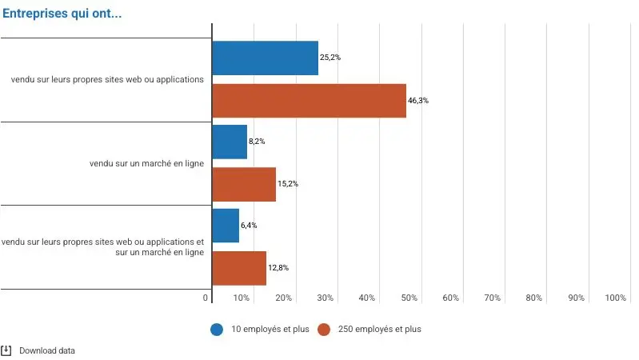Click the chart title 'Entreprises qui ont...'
[62, 14]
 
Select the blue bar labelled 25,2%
[265, 58]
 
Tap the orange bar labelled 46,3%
[309, 101]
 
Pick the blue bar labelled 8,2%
[230, 142]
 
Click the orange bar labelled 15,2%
[244, 184]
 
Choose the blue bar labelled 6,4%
[226, 226]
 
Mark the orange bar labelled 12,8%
[239, 268]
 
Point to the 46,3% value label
[418, 101]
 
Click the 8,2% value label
[257, 142]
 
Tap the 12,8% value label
[278, 268]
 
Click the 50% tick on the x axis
[409, 298]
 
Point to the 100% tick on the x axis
[616, 298]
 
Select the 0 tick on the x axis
[206, 298]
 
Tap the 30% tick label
[325, 298]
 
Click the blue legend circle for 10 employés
[217, 329]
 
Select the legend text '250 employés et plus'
[378, 329]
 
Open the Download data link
[47, 350]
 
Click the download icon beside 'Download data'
[6, 350]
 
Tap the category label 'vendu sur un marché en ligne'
[146, 163]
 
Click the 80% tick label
[533, 298]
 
